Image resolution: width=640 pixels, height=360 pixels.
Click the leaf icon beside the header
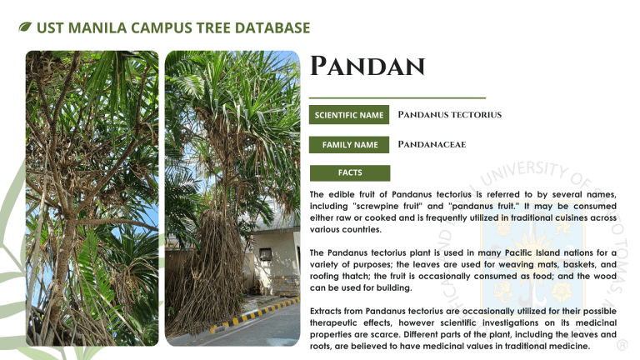[25, 27]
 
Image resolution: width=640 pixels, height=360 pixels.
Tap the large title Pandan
[367, 66]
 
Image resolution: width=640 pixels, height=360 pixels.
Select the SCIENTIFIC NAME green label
[349, 115]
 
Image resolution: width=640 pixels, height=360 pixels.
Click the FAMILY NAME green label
[349, 144]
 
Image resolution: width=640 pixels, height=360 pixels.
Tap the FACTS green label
[350, 172]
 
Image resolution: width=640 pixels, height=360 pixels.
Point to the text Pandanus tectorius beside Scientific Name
[449, 115]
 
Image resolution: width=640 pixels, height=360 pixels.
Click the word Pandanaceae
[432, 144]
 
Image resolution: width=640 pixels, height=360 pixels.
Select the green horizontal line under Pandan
[397, 98]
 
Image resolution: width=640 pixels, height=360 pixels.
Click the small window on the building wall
[266, 254]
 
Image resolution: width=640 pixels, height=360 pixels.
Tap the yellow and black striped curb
[254, 315]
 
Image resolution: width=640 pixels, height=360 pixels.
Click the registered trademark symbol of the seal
[622, 345]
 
